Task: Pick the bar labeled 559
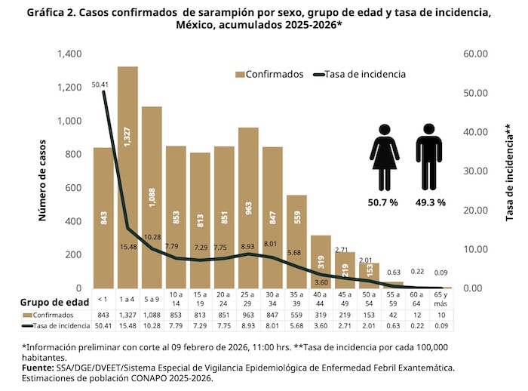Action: (296, 242)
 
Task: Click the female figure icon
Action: (385, 158)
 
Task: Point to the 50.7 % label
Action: (385, 202)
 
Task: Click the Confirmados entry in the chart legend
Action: (269, 74)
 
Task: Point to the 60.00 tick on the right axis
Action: (477, 54)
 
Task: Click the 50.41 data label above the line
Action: (99, 85)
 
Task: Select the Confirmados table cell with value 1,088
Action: (152, 314)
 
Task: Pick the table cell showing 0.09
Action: (441, 325)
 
